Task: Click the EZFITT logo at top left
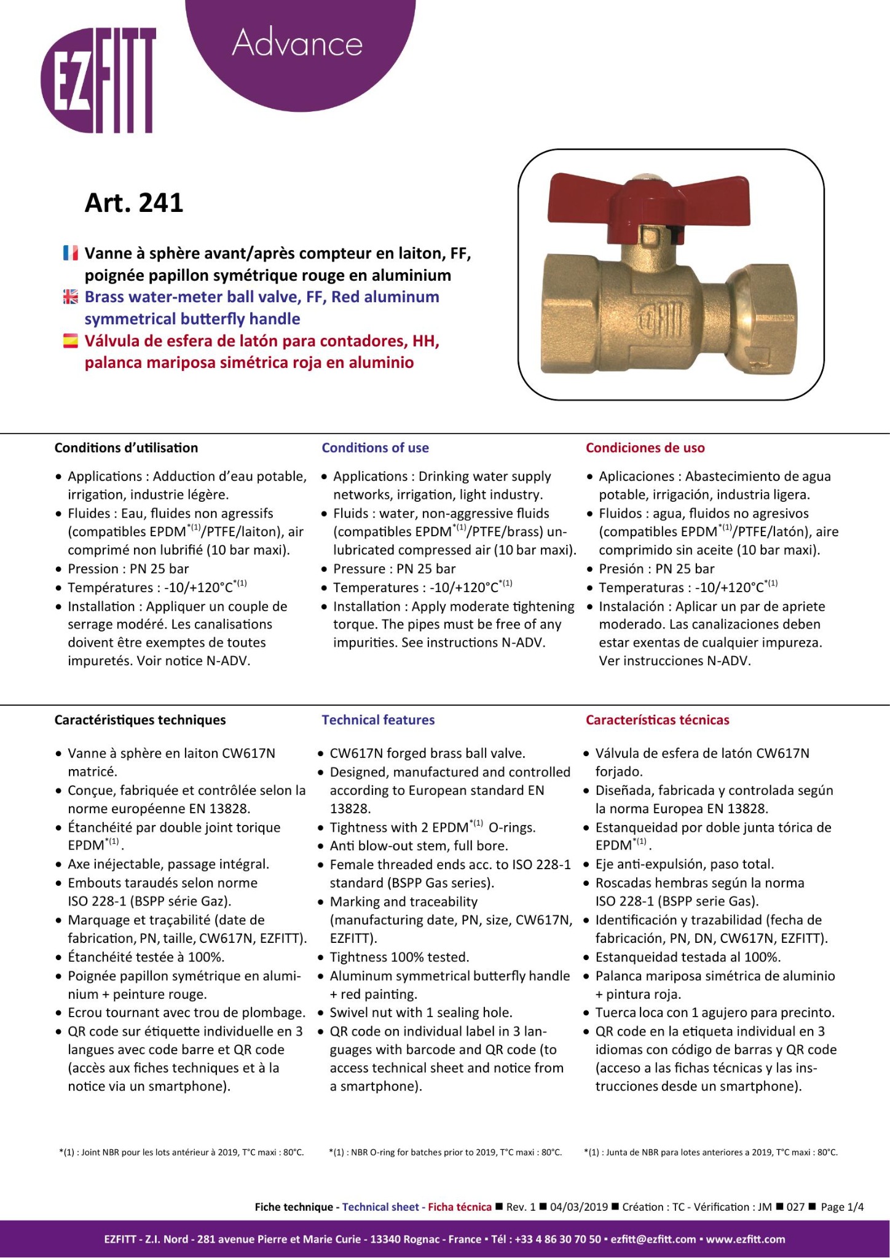pyautogui.click(x=98, y=80)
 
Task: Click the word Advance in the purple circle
pyautogui.click(x=297, y=43)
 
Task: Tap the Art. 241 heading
pyautogui.click(x=134, y=203)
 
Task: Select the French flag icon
pyautogui.click(x=71, y=253)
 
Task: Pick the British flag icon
pyautogui.click(x=71, y=297)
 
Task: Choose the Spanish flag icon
pyautogui.click(x=71, y=341)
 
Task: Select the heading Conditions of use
pyautogui.click(x=375, y=448)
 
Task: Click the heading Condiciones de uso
pyautogui.click(x=645, y=448)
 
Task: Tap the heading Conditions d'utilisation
pyautogui.click(x=126, y=448)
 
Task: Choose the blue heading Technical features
pyautogui.click(x=378, y=720)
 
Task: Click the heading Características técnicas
pyautogui.click(x=657, y=720)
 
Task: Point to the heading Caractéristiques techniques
pyautogui.click(x=140, y=720)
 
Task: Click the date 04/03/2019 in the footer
pyautogui.click(x=578, y=1207)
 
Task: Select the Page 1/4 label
pyautogui.click(x=842, y=1207)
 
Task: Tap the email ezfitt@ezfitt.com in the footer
pyautogui.click(x=653, y=1239)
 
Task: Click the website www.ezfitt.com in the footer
pyautogui.click(x=745, y=1239)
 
